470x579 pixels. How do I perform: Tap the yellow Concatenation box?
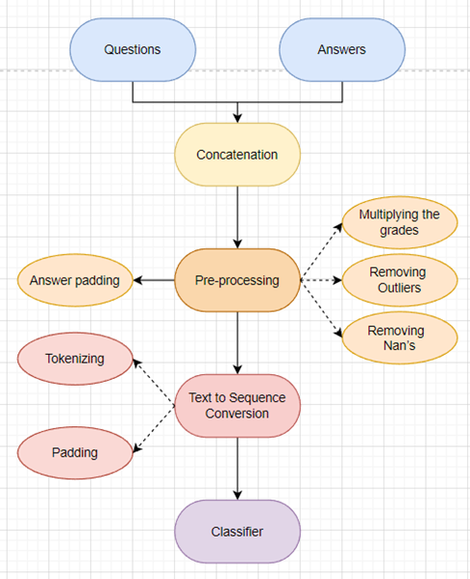[237, 155]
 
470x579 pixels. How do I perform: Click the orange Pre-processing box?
[237, 281]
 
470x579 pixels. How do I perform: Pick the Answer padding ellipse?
[74, 281]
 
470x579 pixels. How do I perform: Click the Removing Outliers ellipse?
[397, 280]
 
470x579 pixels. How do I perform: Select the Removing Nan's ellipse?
[397, 338]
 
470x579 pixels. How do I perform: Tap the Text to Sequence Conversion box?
[237, 406]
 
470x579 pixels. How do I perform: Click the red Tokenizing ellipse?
[74, 360]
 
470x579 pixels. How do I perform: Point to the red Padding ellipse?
[74, 450]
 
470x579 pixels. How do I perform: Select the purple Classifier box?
[237, 531]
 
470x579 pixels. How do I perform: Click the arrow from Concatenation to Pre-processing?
[237, 216]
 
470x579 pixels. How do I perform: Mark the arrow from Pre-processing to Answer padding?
[153, 281]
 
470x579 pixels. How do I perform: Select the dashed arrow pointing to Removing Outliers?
[321, 281]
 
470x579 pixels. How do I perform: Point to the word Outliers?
[397, 288]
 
